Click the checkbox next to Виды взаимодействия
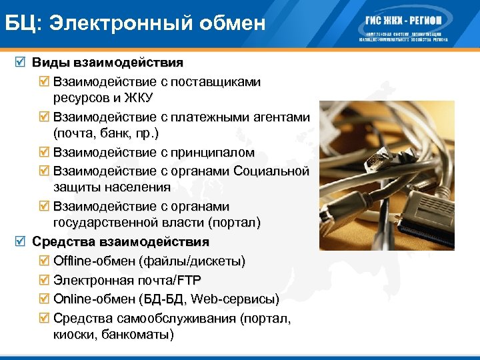(22, 63)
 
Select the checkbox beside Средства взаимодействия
(22, 241)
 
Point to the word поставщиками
(215, 81)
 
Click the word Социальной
(272, 171)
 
